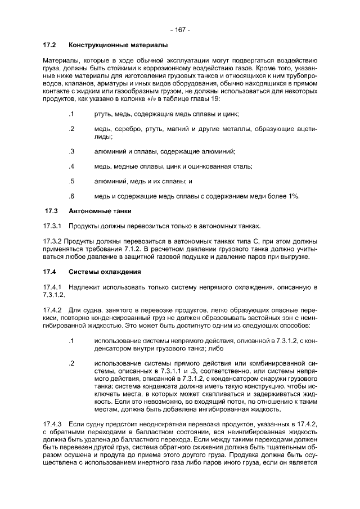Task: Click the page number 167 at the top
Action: (180, 29)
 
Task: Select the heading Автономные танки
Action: (100, 211)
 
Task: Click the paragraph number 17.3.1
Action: (52, 226)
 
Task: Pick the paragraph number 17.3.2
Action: (52, 241)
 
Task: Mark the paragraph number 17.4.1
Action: (52, 287)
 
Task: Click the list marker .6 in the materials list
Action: (71, 196)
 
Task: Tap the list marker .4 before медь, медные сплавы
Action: (71, 166)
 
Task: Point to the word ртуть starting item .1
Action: (103, 114)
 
